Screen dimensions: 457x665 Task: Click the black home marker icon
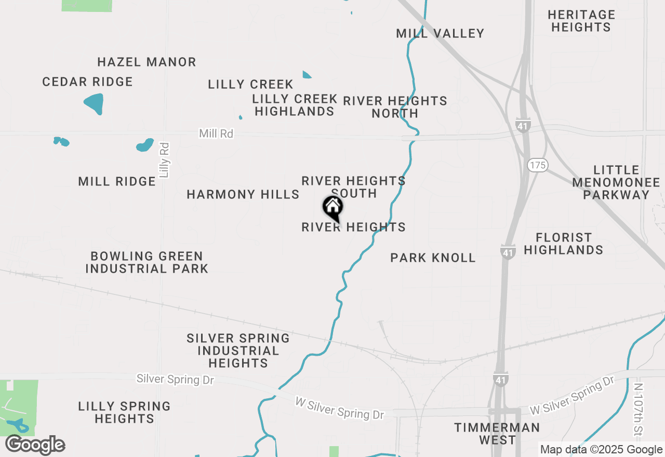point(333,208)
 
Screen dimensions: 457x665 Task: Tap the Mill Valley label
point(440,34)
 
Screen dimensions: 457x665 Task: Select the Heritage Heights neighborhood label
point(581,21)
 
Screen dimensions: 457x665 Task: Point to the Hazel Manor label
point(147,62)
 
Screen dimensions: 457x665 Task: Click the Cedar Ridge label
point(87,82)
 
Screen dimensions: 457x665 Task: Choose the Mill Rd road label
point(216,134)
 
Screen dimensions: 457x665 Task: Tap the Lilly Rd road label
point(165,160)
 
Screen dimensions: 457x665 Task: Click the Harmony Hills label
point(243,195)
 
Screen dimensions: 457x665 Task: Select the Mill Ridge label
point(117,182)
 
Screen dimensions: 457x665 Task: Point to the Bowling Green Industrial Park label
point(147,262)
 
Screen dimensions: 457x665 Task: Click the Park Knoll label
point(433,258)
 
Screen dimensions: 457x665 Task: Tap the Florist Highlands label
point(563,244)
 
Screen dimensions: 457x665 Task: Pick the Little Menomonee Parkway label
point(616,182)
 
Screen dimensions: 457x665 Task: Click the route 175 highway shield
point(537,165)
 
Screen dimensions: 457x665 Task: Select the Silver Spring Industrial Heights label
point(238,351)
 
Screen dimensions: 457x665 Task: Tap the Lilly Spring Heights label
point(124,412)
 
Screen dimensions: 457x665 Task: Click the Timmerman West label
point(497,434)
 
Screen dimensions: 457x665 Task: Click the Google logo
point(35,445)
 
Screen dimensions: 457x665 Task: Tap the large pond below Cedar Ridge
point(94,104)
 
